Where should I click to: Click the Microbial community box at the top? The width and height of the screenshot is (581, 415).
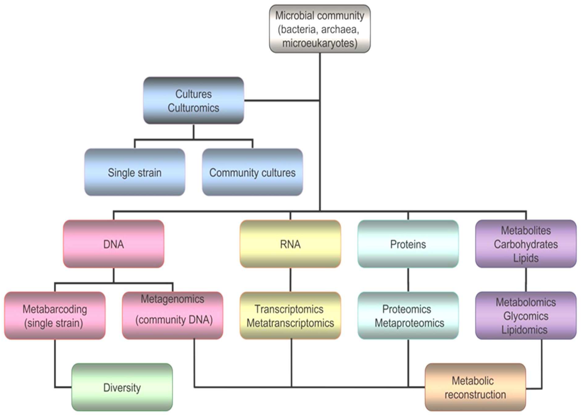point(320,29)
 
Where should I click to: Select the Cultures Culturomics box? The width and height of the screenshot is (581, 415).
point(193,101)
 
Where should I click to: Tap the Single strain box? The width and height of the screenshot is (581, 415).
point(135,172)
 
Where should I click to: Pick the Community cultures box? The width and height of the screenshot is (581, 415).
point(252,172)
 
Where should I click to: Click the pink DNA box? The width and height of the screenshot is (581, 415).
point(114,244)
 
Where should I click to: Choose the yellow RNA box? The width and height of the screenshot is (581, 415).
point(290,244)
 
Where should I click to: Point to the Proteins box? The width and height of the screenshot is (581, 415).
point(408,244)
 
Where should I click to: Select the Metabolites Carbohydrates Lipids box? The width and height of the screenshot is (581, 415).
point(525,244)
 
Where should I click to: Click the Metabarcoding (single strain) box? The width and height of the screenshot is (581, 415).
point(55,316)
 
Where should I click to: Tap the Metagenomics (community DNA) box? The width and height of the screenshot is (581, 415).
point(173,316)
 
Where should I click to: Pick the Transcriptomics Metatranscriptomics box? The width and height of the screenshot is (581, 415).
point(290,316)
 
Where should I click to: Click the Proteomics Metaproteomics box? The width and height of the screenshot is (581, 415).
point(408,316)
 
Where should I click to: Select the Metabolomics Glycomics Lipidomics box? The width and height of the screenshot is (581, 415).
point(525,316)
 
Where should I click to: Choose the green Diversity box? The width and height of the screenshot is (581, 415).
point(122,387)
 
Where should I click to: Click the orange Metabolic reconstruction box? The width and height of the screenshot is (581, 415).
point(475,387)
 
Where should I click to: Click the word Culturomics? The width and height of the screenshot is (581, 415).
point(193,108)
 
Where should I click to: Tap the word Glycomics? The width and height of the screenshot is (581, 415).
point(525,316)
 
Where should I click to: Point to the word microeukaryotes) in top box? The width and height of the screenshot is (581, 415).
point(320,43)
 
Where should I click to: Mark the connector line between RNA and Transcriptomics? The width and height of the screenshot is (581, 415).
point(290,280)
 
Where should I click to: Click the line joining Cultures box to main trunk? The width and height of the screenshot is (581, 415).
point(282,101)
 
